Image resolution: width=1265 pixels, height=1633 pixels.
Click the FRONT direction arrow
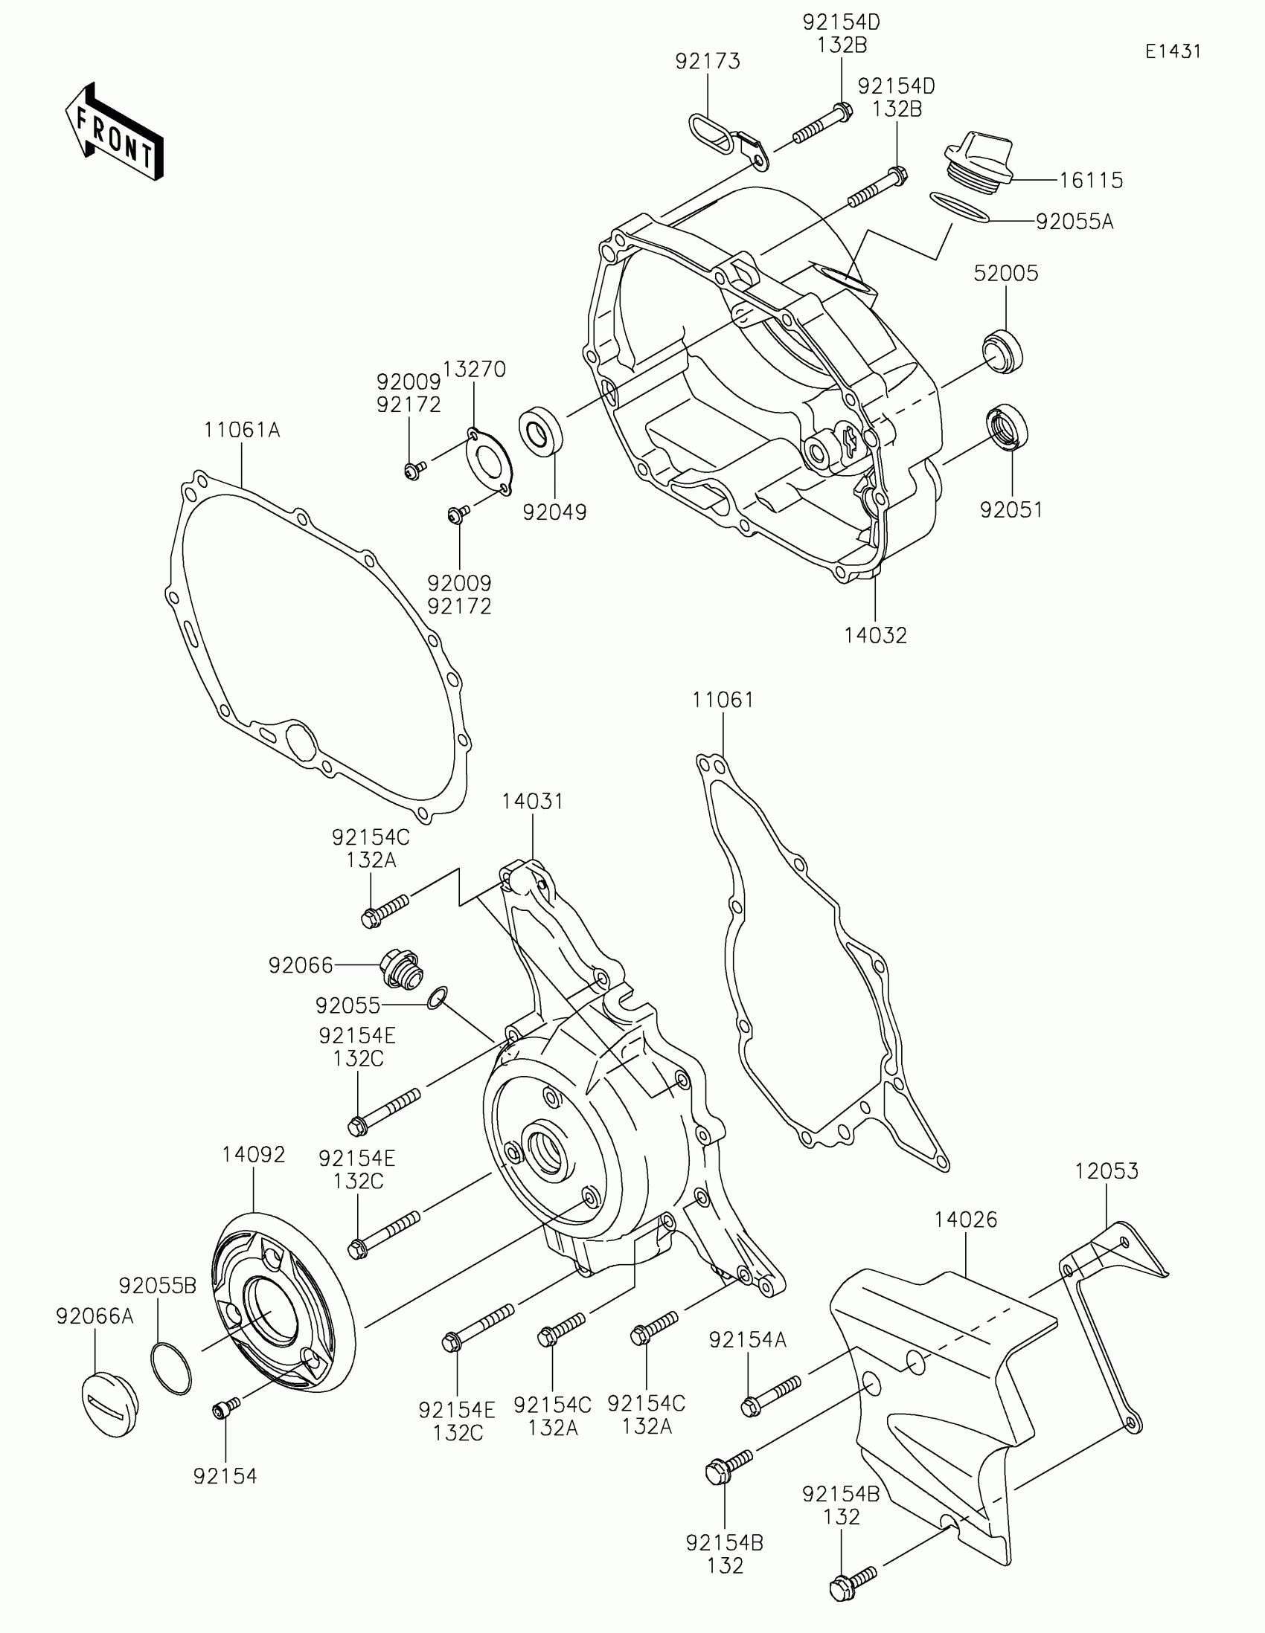point(114,132)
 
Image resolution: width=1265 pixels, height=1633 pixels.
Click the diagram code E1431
point(1173,51)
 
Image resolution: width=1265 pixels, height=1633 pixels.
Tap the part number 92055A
point(1075,222)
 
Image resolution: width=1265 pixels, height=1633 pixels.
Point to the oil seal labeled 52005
point(1002,350)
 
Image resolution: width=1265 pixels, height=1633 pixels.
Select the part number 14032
point(875,636)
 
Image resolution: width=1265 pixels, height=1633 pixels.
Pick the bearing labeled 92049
point(541,431)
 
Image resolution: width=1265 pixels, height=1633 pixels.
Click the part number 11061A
point(242,430)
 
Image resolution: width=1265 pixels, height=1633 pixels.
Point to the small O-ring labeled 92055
point(438,997)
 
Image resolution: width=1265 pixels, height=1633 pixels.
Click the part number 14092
point(254,1154)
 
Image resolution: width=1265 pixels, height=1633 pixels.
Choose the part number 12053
point(1107,1171)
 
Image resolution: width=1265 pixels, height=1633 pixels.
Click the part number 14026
point(965,1220)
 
